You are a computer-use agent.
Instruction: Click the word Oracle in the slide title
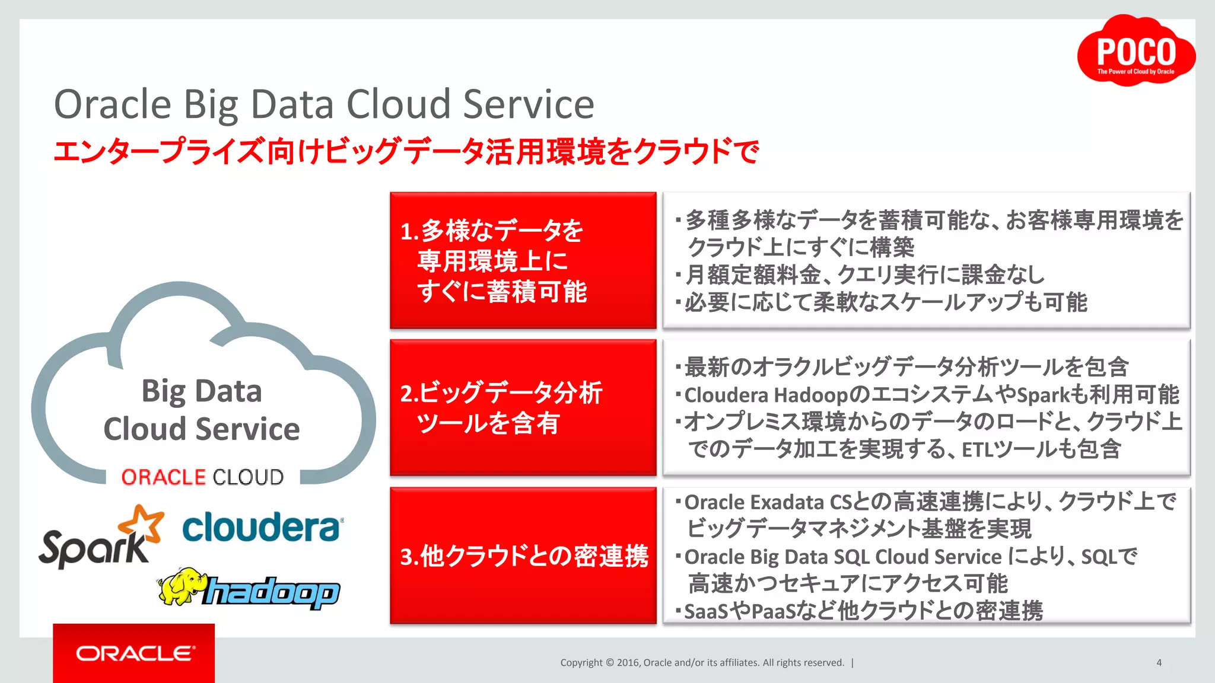click(x=113, y=104)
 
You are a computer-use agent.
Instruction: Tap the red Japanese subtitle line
click(x=406, y=152)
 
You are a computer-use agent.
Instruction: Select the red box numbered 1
click(x=523, y=260)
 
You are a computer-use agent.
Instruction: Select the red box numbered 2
click(x=523, y=407)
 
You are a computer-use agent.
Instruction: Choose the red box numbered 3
click(x=523, y=556)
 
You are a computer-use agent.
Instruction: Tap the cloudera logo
click(x=262, y=527)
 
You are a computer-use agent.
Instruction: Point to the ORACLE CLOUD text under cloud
click(x=202, y=477)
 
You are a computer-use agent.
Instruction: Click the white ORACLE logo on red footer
click(x=135, y=653)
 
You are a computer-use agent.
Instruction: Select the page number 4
click(x=1159, y=662)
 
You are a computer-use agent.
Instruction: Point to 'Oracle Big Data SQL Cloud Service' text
click(x=842, y=557)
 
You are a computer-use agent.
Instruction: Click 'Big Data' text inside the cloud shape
click(x=202, y=391)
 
